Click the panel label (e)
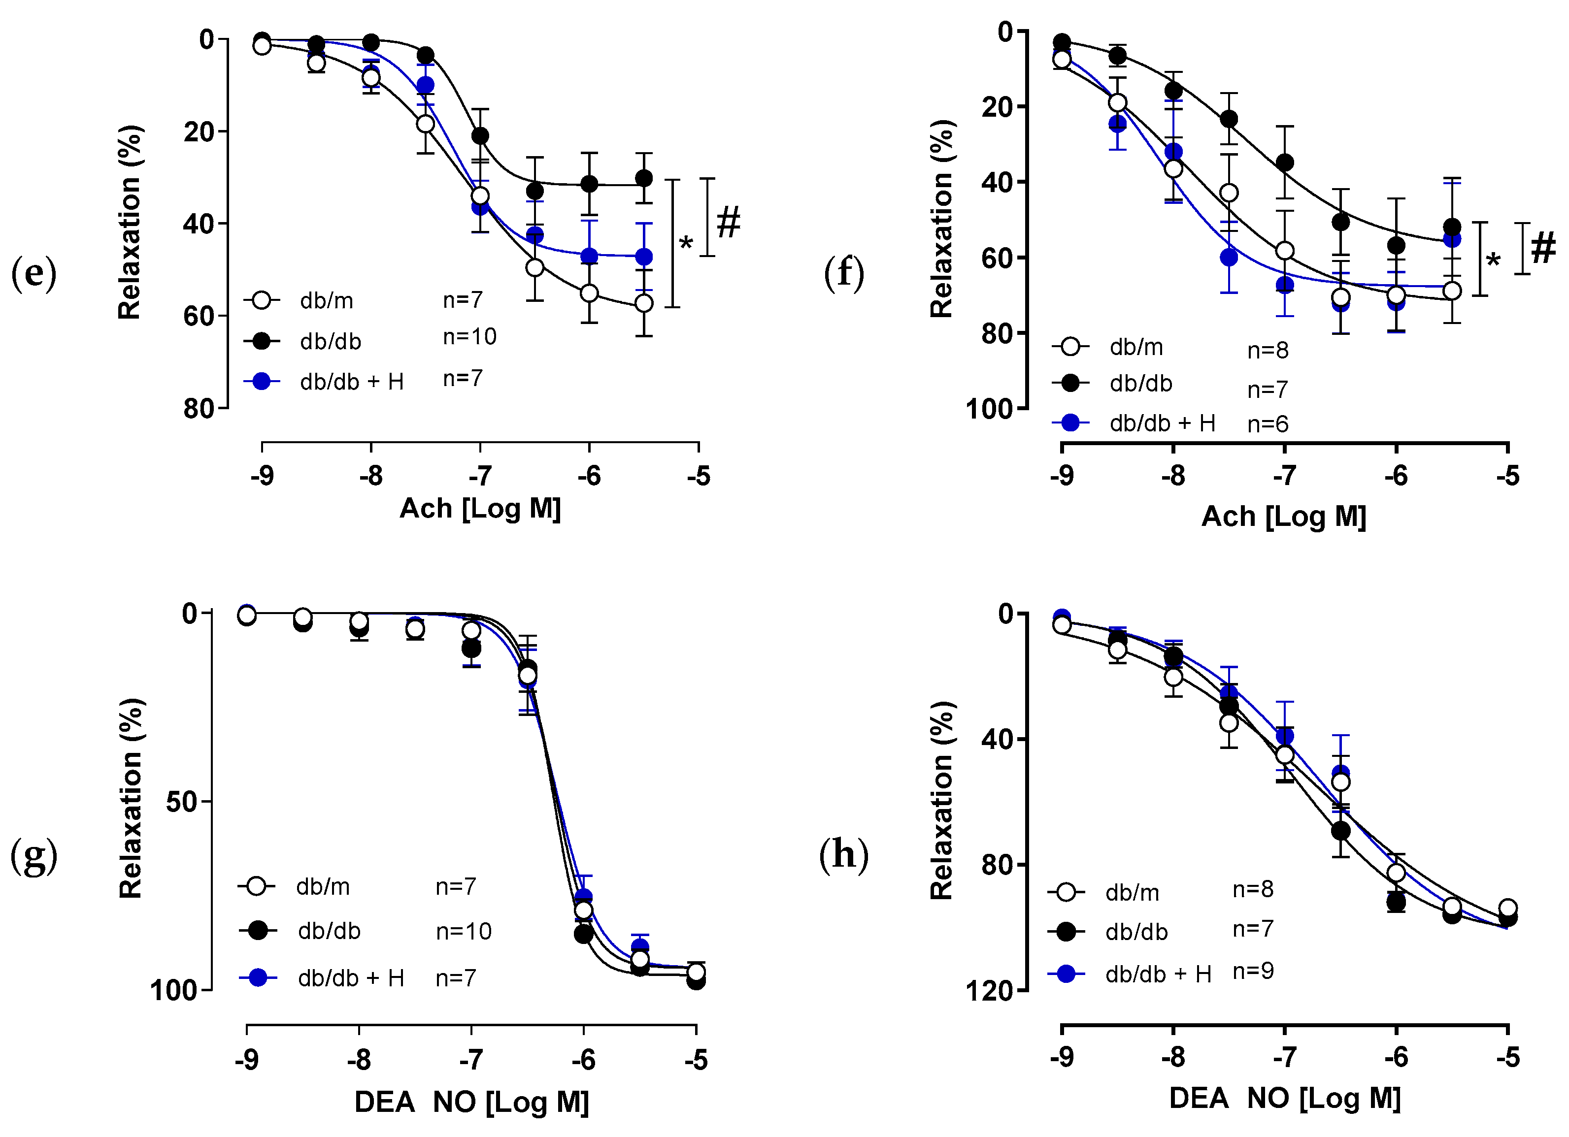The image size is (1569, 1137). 33,273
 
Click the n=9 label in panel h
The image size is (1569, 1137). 1253,971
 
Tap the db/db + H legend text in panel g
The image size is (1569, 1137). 351,978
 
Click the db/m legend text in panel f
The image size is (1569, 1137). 1136,347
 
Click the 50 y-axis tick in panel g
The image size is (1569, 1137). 181,802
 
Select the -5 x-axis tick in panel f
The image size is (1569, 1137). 1508,476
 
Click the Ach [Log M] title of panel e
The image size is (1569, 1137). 480,508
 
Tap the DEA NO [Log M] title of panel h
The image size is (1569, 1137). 1285,1098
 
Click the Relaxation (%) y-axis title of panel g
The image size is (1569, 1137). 130,799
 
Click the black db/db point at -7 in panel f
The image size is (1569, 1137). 1285,162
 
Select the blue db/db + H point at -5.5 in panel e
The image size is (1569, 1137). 644,257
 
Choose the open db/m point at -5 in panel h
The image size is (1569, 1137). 1507,908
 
